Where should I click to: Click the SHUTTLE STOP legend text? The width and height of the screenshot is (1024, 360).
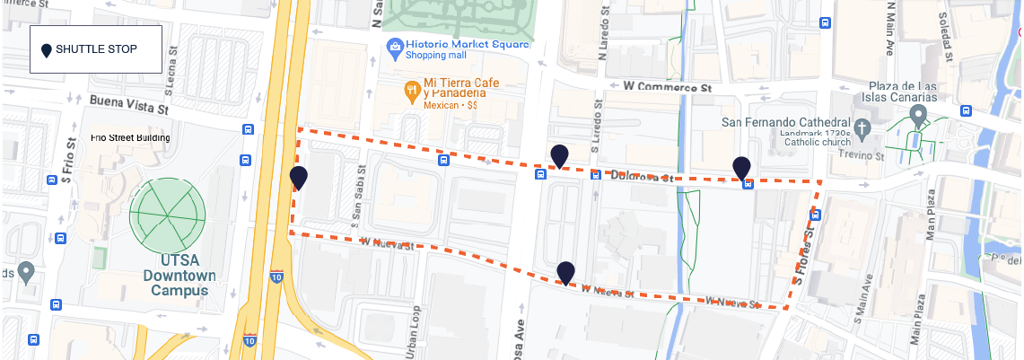pyautogui.click(x=96, y=48)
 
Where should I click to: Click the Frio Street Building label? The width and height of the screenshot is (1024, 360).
pyautogui.click(x=130, y=137)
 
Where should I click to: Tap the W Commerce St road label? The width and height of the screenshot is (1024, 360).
pyautogui.click(x=667, y=88)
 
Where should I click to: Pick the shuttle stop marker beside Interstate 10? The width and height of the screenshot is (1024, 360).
pyautogui.click(x=299, y=178)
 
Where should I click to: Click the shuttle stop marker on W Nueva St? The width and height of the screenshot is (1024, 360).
pyautogui.click(x=565, y=272)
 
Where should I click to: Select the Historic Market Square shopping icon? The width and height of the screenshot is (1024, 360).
pyautogui.click(x=393, y=46)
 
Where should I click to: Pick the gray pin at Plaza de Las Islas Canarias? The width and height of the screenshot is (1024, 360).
pyautogui.click(x=917, y=115)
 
